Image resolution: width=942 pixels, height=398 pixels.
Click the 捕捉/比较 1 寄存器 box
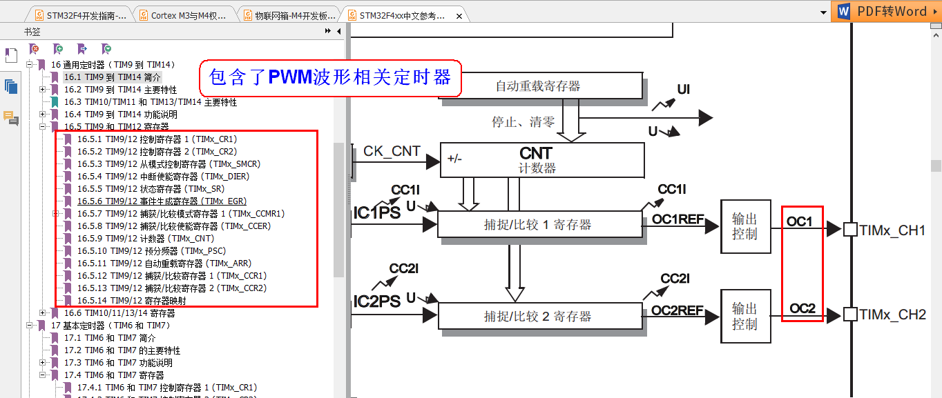pos(539,224)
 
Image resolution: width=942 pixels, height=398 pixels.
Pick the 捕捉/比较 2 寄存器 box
pos(539,316)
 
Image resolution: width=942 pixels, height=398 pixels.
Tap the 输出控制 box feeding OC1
pos(744,226)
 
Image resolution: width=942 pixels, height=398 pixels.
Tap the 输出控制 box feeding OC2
pos(744,316)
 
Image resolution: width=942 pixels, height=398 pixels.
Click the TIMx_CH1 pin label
pos(892,230)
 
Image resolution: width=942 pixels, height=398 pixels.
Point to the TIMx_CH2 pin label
pos(892,315)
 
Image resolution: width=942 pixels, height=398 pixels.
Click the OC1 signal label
pos(800,222)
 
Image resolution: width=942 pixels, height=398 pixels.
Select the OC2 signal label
pos(802,308)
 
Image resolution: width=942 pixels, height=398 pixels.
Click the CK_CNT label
pos(392,151)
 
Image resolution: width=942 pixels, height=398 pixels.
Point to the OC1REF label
pos(677,219)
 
